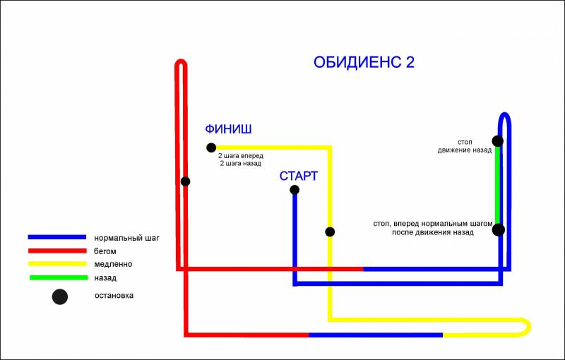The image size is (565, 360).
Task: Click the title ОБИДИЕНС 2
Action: tap(364, 62)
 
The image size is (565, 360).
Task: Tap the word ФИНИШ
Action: tap(228, 129)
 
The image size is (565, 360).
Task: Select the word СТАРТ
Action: tap(299, 176)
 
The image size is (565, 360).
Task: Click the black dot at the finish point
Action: tap(211, 148)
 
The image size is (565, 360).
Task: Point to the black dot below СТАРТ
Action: tap(295, 190)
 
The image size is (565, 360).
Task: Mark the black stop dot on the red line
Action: tap(185, 181)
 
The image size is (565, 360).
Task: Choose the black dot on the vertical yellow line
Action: tap(330, 232)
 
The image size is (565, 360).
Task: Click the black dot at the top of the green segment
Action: tap(498, 140)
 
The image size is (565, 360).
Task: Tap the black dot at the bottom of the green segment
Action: tap(499, 229)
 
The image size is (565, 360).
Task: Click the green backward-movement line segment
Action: tap(498, 185)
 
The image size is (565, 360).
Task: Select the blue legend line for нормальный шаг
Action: tap(57, 237)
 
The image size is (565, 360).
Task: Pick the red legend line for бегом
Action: tap(57, 251)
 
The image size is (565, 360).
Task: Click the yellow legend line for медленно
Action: tap(57, 264)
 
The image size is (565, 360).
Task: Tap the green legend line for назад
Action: tap(59, 277)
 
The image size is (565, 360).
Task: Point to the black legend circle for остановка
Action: tap(60, 297)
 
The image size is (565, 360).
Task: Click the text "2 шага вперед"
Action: tap(241, 156)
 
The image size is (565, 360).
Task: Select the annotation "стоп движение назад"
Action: tap(465, 146)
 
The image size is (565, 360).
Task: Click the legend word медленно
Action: tap(113, 264)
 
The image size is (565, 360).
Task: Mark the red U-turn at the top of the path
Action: tap(181, 61)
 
